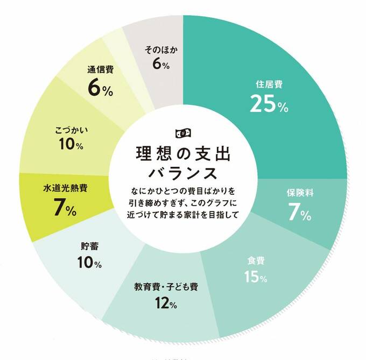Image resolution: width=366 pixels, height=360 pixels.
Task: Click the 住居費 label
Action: pos(269,84)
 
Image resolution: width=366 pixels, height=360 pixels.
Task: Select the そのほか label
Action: pos(161,50)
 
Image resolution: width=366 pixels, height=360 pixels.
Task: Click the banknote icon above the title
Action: pos(183,133)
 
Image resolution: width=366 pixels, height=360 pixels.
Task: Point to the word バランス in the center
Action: pos(183,173)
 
